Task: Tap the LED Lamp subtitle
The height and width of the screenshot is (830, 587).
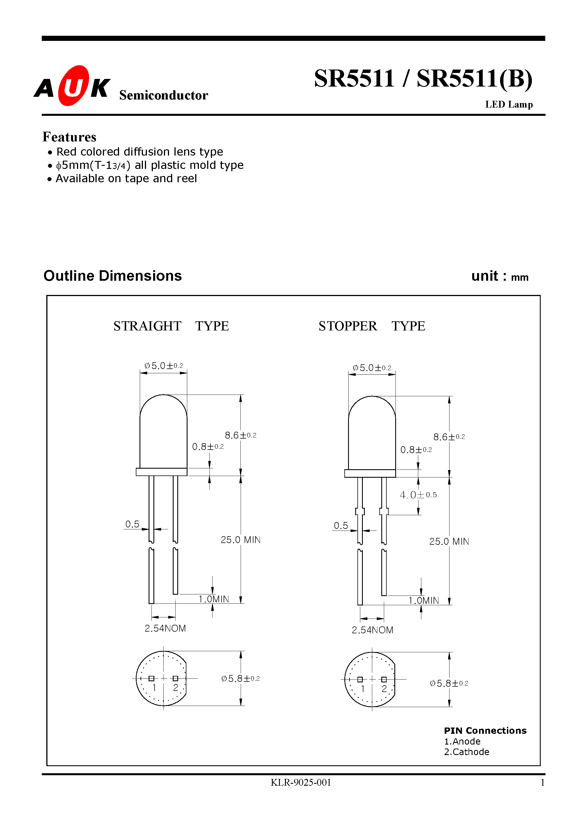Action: click(509, 104)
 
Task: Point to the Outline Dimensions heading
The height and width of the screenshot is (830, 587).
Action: click(113, 276)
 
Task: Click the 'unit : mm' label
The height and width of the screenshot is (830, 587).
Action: click(499, 276)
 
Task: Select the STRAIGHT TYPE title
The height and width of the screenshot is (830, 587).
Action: click(171, 326)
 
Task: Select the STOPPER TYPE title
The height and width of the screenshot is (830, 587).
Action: click(371, 326)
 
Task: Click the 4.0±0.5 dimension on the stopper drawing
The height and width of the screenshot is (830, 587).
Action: click(418, 495)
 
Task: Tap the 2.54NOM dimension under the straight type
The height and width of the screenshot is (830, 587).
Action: click(165, 628)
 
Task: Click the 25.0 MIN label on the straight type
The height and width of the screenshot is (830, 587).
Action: click(240, 540)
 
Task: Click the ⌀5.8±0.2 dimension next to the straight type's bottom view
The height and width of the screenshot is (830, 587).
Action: click(240, 678)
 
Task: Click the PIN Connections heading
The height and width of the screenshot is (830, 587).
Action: click(485, 731)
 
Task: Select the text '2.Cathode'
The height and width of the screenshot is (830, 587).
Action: click(467, 752)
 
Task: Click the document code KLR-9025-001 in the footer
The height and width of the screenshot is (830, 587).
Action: click(301, 783)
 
